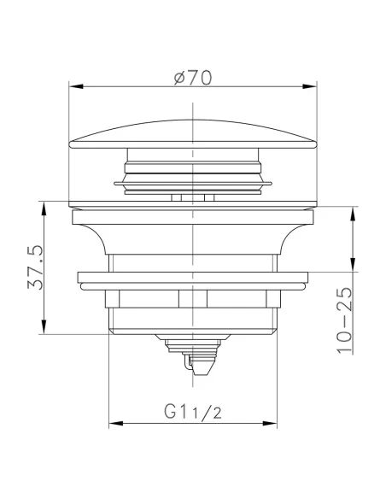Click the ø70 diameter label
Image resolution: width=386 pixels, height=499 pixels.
point(192,77)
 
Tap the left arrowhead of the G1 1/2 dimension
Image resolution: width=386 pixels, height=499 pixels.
point(114,423)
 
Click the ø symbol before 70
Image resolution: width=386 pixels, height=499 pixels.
point(178,77)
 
